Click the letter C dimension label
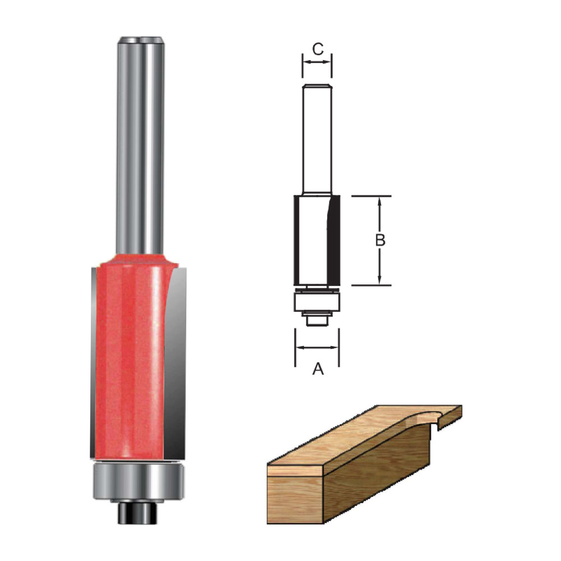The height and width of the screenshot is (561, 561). click(x=318, y=49)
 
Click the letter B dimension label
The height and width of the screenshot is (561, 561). click(x=380, y=240)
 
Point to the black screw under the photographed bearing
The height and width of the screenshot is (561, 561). click(x=137, y=512)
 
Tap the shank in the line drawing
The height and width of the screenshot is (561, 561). click(x=316, y=140)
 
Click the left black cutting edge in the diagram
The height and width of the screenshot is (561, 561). click(x=296, y=240)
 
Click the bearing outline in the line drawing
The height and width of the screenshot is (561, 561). click(x=316, y=303)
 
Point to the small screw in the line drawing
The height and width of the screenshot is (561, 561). click(x=316, y=319)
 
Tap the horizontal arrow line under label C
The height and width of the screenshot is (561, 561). click(x=317, y=62)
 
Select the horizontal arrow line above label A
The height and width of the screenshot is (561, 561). click(x=317, y=347)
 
